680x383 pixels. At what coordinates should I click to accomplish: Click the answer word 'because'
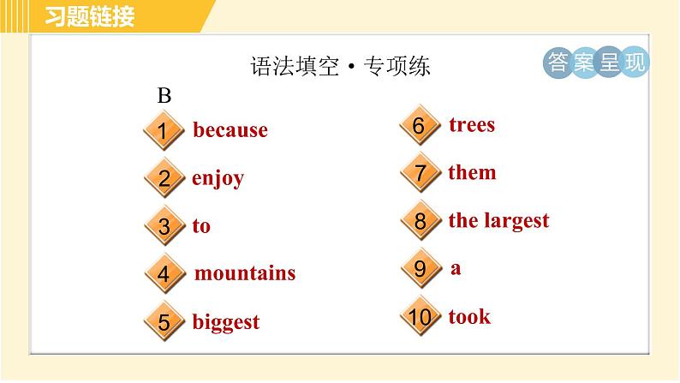click(230, 130)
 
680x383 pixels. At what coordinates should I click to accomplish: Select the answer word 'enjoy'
click(218, 178)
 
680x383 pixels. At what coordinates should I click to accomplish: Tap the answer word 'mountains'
click(245, 273)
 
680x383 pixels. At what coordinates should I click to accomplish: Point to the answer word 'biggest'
click(225, 322)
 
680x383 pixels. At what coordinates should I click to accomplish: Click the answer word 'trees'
click(472, 125)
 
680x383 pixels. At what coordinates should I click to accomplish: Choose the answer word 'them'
click(472, 172)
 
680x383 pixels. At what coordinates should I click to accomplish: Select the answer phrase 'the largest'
click(498, 220)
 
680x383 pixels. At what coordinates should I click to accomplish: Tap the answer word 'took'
click(469, 317)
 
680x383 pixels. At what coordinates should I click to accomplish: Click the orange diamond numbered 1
click(164, 131)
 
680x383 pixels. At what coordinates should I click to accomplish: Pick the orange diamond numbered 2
click(164, 179)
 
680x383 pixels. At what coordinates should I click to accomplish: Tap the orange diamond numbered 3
click(164, 227)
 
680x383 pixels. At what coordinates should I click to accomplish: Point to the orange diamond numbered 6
click(419, 126)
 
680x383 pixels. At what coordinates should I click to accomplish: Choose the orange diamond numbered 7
click(419, 173)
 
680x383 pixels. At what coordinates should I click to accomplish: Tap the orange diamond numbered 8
click(419, 221)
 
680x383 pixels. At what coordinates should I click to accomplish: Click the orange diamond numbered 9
click(419, 269)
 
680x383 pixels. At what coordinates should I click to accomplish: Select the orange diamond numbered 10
click(419, 317)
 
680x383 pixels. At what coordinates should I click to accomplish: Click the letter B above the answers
click(164, 96)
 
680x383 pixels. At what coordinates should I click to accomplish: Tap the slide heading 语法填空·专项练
click(340, 67)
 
